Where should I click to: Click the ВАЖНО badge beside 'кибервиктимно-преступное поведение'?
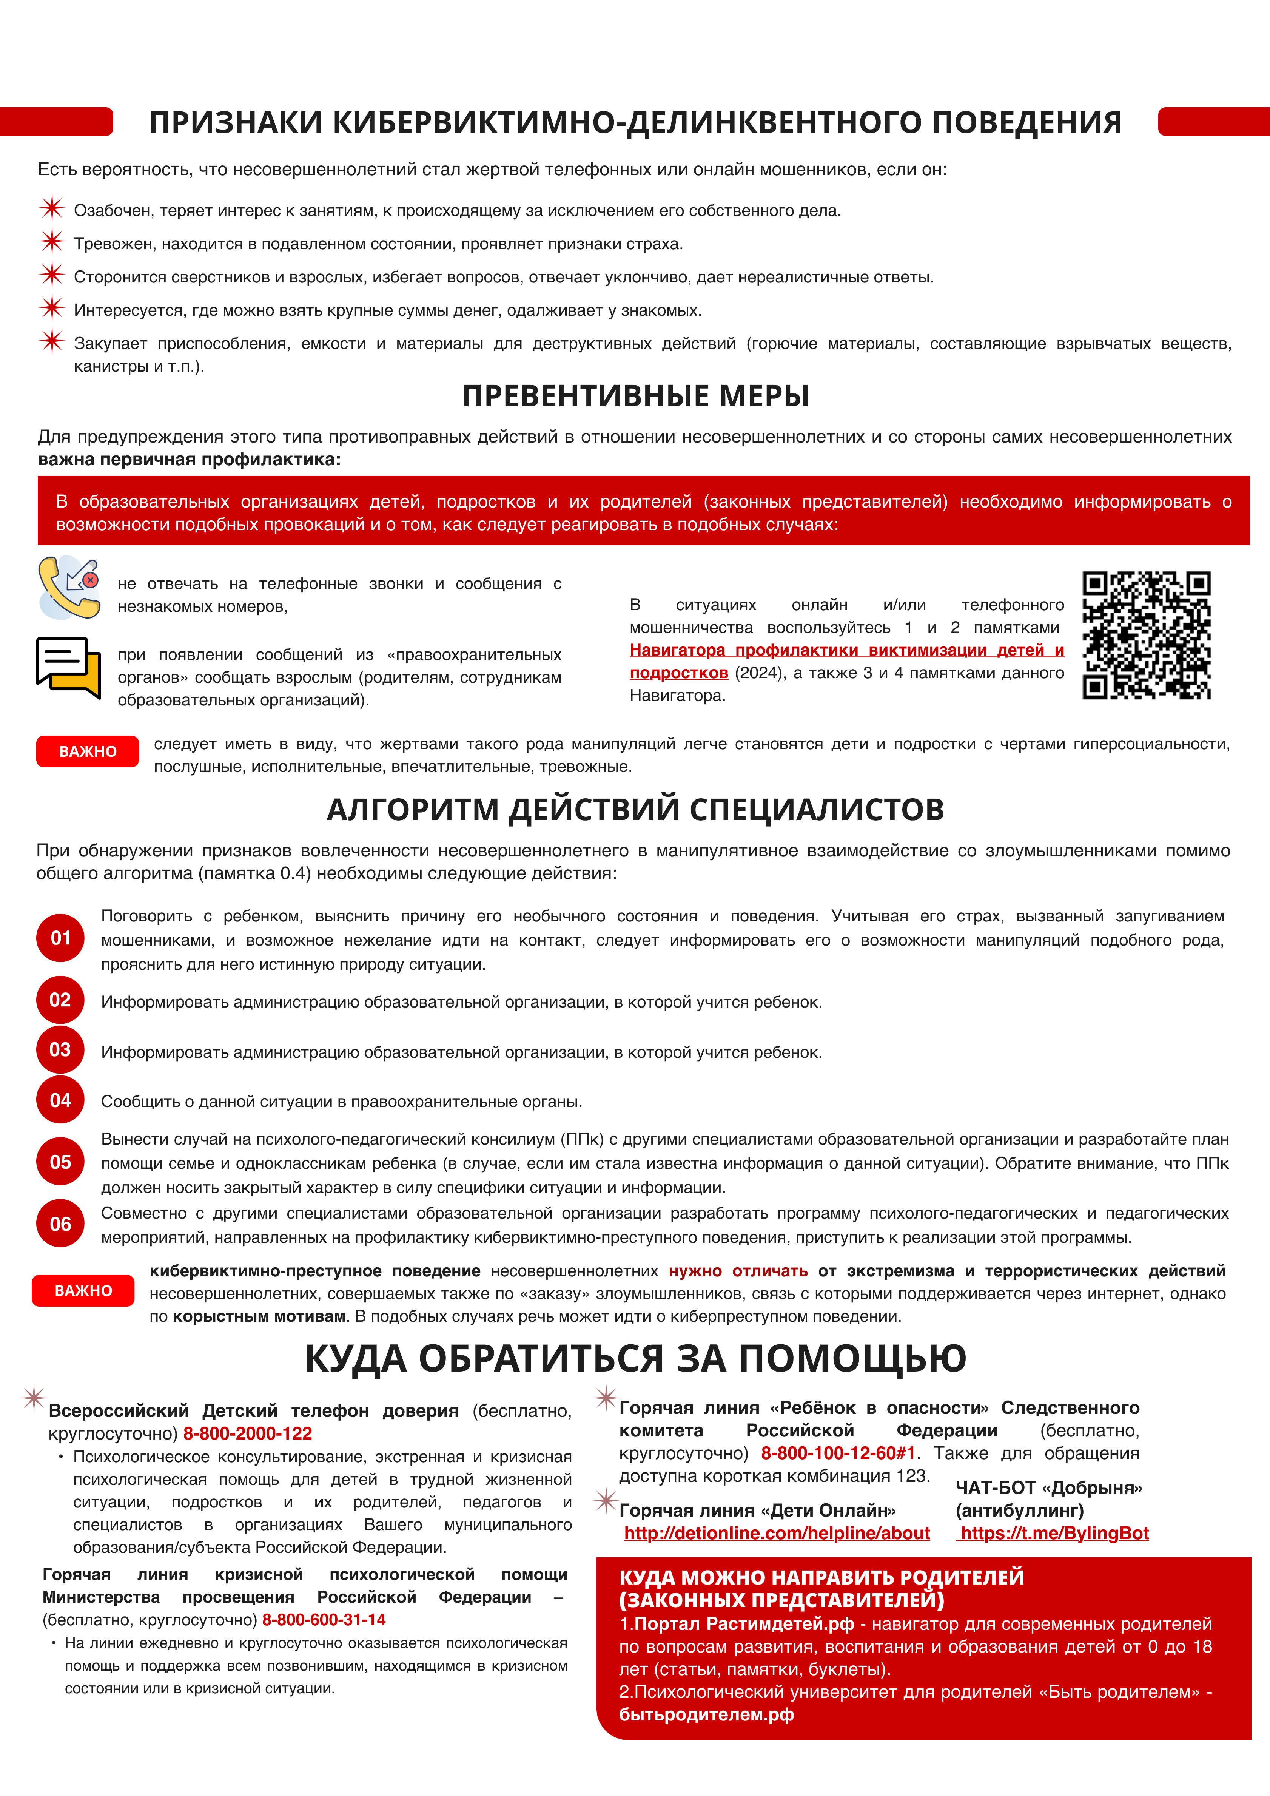click(x=83, y=1291)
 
